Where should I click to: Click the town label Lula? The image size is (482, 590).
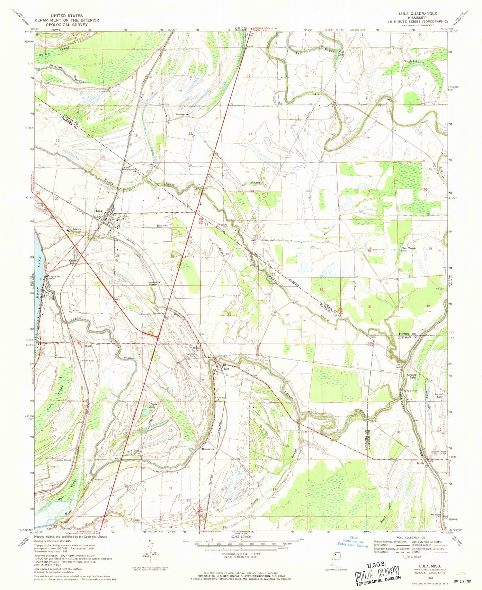point(99,211)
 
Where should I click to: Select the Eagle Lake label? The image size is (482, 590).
point(411,61)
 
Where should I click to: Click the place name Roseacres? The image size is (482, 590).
point(208,449)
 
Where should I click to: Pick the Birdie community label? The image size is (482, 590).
point(420,463)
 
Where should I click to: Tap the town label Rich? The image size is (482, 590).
point(226,369)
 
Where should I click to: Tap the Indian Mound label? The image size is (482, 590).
point(64,460)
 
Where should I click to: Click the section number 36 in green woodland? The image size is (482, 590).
point(321,290)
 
